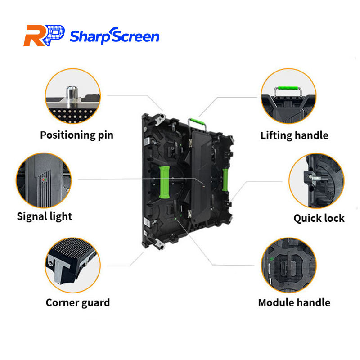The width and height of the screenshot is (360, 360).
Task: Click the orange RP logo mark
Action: (x=44, y=36)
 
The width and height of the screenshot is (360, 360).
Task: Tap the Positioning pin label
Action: (x=76, y=135)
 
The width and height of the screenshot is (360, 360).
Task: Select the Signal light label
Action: (x=45, y=216)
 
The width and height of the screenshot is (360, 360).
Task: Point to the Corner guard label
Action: (x=77, y=302)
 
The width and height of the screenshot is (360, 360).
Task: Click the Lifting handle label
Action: (x=294, y=135)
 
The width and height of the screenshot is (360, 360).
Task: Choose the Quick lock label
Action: (x=319, y=219)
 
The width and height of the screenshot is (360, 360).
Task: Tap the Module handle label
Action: (x=294, y=302)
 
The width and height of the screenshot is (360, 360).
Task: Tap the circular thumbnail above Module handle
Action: (x=288, y=265)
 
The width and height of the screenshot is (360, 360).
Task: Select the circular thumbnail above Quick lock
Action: (x=316, y=180)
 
